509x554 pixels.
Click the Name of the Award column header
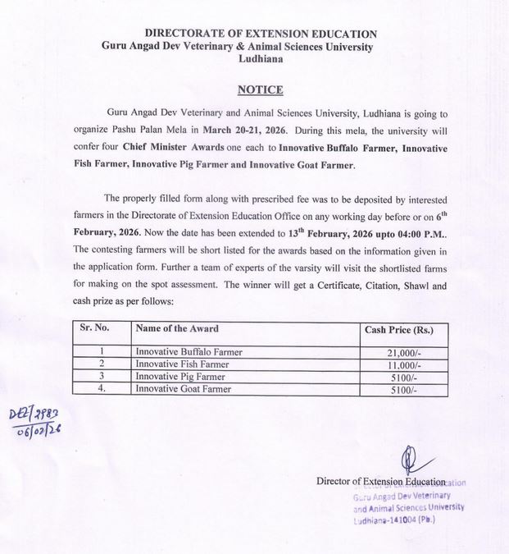coord(177,328)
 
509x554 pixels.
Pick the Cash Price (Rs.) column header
coord(398,330)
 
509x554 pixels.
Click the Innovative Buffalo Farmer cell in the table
coord(189,352)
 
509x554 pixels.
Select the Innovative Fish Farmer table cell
coord(181,364)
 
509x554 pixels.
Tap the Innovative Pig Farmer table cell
coord(180,377)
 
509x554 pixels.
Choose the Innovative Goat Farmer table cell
coord(183,389)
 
